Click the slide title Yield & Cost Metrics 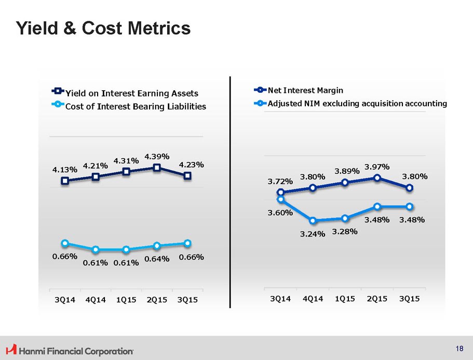tap(103, 28)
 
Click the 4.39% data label tap(157, 156)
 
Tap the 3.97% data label tap(377, 167)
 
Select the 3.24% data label tap(313, 234)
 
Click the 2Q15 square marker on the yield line tap(157, 167)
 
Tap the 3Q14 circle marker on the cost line tap(65, 243)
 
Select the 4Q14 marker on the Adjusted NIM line tap(313, 221)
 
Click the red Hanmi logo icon tap(10, 350)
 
